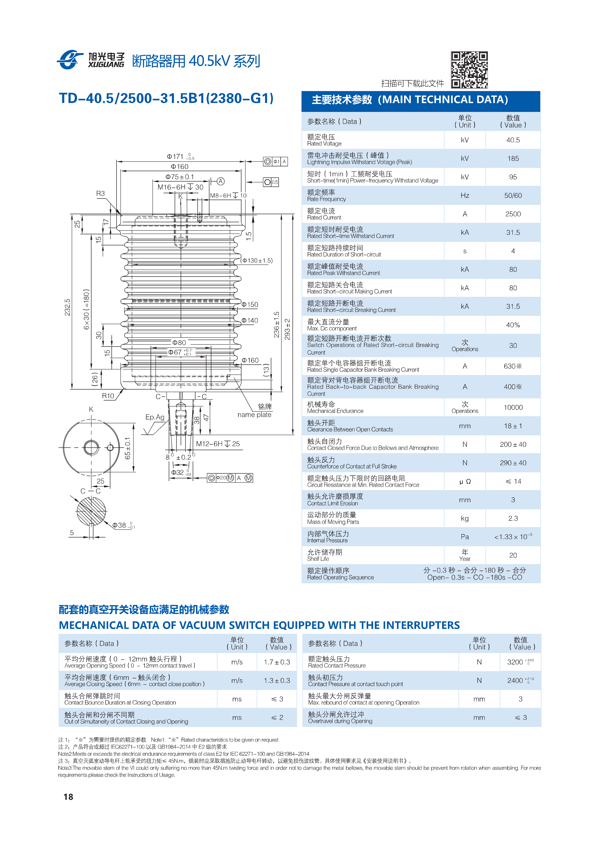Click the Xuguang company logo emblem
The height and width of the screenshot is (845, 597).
[70, 60]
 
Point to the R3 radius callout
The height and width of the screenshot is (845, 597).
[100, 194]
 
